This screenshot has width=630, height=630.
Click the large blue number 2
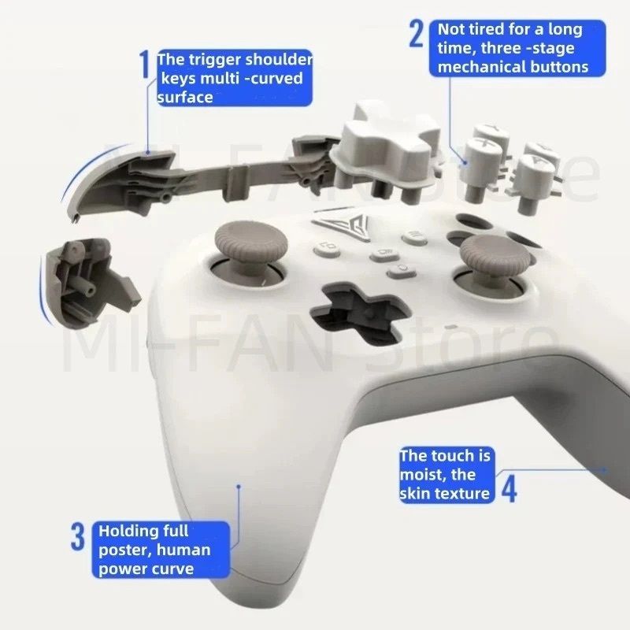(417, 34)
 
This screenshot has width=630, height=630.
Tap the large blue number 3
(78, 536)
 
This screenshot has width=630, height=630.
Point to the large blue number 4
(509, 489)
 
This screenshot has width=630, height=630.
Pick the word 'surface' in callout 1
(185, 97)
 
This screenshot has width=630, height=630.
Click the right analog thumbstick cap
(496, 252)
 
